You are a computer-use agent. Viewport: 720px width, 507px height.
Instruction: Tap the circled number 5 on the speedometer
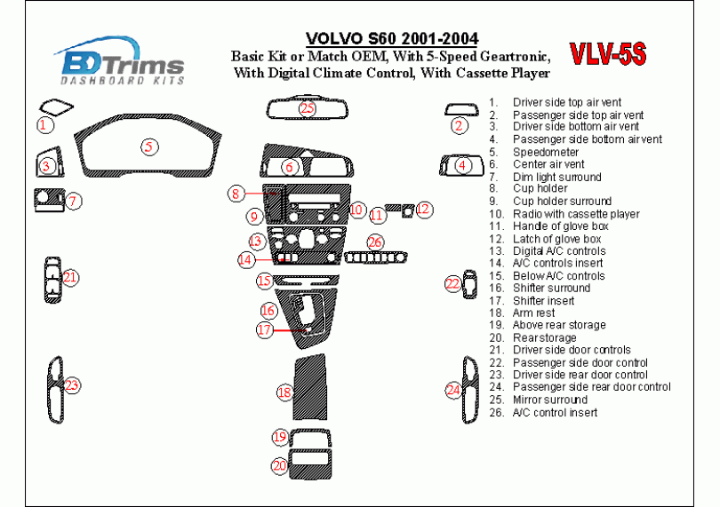pyautogui.click(x=150, y=147)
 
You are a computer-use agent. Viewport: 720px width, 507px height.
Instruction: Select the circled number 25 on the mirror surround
pyautogui.click(x=307, y=109)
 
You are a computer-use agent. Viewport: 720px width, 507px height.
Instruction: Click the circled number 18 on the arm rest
pyautogui.click(x=284, y=392)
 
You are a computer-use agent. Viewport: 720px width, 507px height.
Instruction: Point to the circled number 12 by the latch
pyautogui.click(x=424, y=209)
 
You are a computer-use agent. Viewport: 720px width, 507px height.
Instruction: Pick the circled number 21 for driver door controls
pyautogui.click(x=69, y=278)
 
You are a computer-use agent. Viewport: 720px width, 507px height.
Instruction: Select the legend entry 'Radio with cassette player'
pyautogui.click(x=575, y=214)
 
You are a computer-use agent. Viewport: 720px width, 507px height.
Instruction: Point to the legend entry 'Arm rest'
pyautogui.click(x=533, y=313)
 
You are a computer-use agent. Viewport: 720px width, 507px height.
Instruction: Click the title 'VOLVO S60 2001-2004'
pyautogui.click(x=391, y=39)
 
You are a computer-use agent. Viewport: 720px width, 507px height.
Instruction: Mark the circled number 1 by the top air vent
pyautogui.click(x=43, y=125)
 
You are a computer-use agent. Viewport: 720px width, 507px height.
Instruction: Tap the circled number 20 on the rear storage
pyautogui.click(x=279, y=465)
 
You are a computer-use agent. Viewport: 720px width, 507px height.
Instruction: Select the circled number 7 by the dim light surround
pyautogui.click(x=74, y=202)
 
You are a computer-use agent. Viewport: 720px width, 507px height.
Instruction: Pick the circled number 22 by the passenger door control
pyautogui.click(x=453, y=284)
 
